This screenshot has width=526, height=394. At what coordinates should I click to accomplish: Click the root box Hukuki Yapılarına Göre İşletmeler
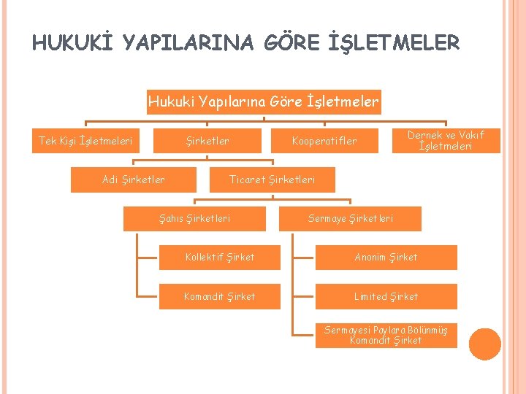click(263, 102)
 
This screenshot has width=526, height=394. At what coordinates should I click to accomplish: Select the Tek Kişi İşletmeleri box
click(85, 141)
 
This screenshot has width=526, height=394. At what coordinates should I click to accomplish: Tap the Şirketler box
click(207, 141)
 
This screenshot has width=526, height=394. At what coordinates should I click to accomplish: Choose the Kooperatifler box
click(324, 141)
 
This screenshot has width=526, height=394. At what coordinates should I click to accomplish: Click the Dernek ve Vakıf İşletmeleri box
click(446, 140)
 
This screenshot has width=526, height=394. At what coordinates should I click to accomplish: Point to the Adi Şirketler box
click(134, 179)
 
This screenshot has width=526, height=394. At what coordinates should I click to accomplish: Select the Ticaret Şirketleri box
click(272, 179)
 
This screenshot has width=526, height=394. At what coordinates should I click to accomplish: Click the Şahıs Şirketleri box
click(194, 218)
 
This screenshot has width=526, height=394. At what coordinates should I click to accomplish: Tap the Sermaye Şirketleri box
click(351, 218)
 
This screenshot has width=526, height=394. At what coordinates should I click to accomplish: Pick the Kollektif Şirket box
click(220, 257)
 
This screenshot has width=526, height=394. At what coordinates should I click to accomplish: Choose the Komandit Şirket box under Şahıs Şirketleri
click(220, 296)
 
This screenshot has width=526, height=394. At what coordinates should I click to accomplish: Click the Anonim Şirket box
click(386, 257)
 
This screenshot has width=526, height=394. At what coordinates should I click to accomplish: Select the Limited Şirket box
click(386, 296)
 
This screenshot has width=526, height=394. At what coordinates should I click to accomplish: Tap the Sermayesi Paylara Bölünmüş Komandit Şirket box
click(386, 335)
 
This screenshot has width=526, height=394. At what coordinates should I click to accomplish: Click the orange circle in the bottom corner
click(484, 344)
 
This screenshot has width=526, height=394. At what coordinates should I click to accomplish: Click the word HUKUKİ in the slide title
click(73, 44)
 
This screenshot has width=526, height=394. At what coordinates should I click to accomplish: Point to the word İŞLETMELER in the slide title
click(395, 44)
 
